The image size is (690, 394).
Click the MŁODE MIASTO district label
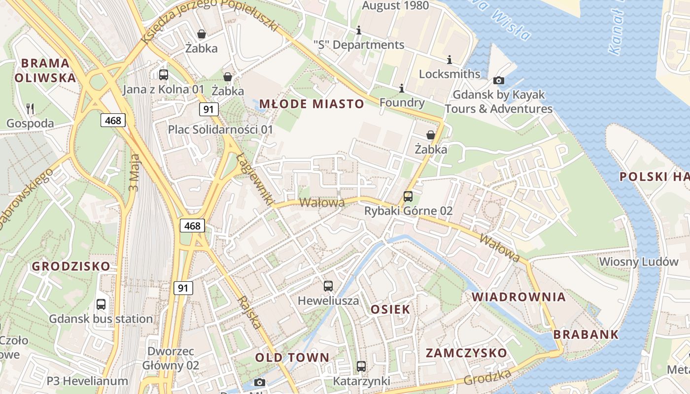(311, 104)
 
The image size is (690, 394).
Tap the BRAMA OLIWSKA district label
(45, 70)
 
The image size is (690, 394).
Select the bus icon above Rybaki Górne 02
(408, 197)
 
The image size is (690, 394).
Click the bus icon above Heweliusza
(328, 286)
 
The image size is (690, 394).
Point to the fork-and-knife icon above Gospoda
(31, 108)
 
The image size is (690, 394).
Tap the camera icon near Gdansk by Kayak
(499, 80)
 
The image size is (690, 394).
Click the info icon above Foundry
(402, 88)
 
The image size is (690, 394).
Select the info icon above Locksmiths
(449, 60)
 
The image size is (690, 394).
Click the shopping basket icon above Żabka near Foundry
(431, 135)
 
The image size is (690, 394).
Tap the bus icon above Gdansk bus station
(101, 304)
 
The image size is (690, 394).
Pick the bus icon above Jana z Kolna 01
(164, 75)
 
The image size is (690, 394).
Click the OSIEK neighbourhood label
(390, 309)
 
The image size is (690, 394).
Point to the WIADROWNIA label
(519, 297)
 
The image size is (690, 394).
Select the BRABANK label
(586, 334)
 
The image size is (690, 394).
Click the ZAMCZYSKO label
(466, 353)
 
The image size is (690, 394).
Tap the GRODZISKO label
(71, 266)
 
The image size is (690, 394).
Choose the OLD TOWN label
(292, 358)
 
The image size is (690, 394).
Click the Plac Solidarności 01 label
(220, 130)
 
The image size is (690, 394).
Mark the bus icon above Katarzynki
(361, 366)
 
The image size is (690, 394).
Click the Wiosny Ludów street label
(639, 262)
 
